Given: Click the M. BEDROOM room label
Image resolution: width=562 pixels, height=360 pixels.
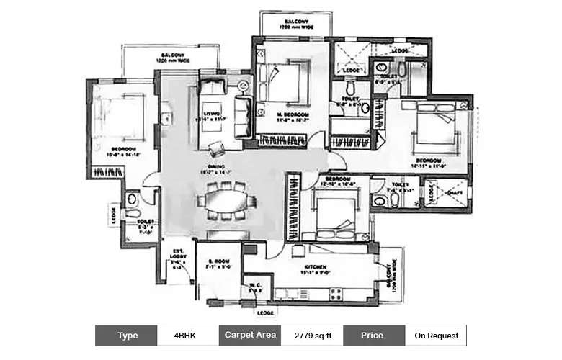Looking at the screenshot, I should point(293,115).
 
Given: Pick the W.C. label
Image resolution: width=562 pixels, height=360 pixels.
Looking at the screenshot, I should point(255,287).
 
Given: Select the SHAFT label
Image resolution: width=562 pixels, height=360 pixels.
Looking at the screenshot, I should point(454,193).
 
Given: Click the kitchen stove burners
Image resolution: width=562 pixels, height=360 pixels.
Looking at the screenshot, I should point(336,293).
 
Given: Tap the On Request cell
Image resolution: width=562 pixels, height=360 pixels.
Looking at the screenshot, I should point(435,336).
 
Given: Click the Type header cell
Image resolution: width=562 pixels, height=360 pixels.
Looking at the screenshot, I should point(126,336).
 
